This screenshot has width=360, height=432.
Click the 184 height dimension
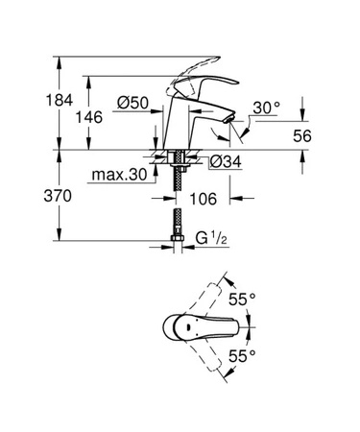(60, 101)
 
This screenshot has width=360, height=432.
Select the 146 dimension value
(89, 117)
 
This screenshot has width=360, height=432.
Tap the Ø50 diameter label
(132, 103)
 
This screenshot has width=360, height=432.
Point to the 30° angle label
(266, 108)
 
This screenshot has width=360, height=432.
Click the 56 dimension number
(302, 136)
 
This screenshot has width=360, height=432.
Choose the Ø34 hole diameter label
(226, 162)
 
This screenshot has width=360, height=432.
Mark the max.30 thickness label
(119, 175)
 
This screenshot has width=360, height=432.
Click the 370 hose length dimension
(58, 196)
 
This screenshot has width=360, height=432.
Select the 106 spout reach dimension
(204, 199)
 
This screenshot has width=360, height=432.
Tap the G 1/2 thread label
(211, 239)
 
